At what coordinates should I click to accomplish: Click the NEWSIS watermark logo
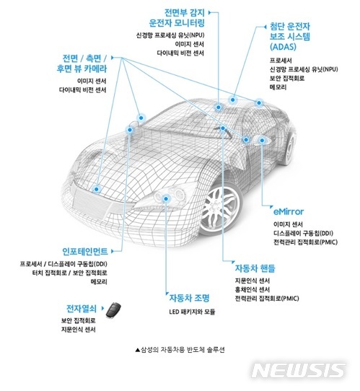pos(298,370)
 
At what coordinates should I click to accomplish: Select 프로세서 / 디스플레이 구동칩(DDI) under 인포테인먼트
pos(63,265)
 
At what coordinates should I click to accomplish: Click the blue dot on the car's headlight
pos(172,193)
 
